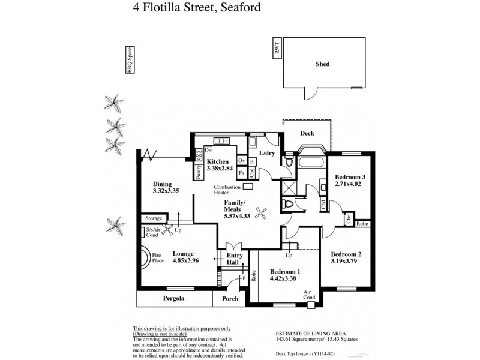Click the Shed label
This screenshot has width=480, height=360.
click(323, 64)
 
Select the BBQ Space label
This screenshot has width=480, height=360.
click(128, 61)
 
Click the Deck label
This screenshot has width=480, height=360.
click(307, 134)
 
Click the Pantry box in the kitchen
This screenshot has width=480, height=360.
click(199, 172)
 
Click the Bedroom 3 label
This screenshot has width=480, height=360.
click(350, 177)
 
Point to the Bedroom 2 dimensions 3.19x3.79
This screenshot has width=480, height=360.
click(346, 262)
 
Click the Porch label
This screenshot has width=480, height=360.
click(230, 299)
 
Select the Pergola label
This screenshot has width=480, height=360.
click(173, 298)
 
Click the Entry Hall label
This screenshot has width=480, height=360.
click(233, 259)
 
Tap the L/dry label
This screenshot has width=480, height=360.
click(268, 154)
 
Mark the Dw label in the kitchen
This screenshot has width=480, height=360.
click(208, 149)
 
